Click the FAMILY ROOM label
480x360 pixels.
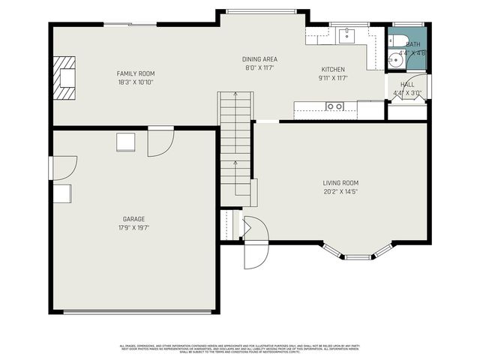coord(136,73)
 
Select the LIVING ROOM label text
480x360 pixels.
coord(340,183)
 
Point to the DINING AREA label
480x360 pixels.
coord(259,59)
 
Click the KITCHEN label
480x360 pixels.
coord(332,69)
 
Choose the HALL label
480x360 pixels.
coord(407,85)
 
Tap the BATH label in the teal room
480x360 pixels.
coord(413,44)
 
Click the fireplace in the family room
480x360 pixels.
coord(64,77)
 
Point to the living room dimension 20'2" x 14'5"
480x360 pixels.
coord(340,191)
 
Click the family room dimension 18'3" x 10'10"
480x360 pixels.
coord(136,82)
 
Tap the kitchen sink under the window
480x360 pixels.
coord(346,34)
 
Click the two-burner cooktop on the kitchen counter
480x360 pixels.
coord(334,107)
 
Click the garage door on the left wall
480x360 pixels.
coord(63,167)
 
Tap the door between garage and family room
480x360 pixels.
coord(160,142)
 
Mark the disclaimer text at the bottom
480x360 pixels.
coord(240,348)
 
